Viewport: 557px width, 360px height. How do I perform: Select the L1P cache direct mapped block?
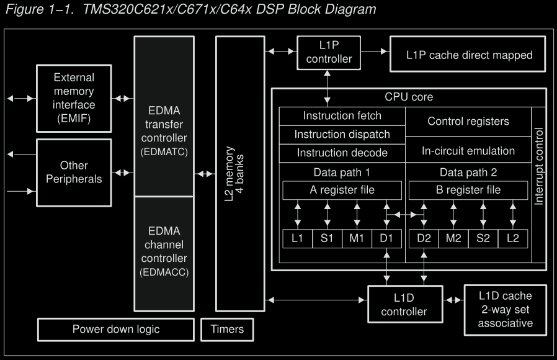(469, 55)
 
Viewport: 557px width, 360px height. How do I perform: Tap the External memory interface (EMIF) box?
(74, 99)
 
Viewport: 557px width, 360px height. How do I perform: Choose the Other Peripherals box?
(74, 172)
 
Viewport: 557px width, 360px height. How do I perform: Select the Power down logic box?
(116, 329)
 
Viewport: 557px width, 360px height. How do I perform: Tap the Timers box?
(227, 329)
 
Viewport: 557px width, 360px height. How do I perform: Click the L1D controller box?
(406, 304)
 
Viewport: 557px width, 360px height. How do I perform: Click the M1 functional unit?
(357, 238)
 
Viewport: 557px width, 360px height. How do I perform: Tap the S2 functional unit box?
(483, 238)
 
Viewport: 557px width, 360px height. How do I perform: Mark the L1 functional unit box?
(297, 238)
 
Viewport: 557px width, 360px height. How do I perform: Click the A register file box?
(342, 190)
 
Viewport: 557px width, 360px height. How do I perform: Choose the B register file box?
(468, 190)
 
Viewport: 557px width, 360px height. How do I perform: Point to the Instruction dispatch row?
(342, 134)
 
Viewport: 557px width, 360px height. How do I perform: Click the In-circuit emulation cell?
(468, 151)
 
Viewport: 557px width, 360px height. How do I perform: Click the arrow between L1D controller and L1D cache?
(454, 300)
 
